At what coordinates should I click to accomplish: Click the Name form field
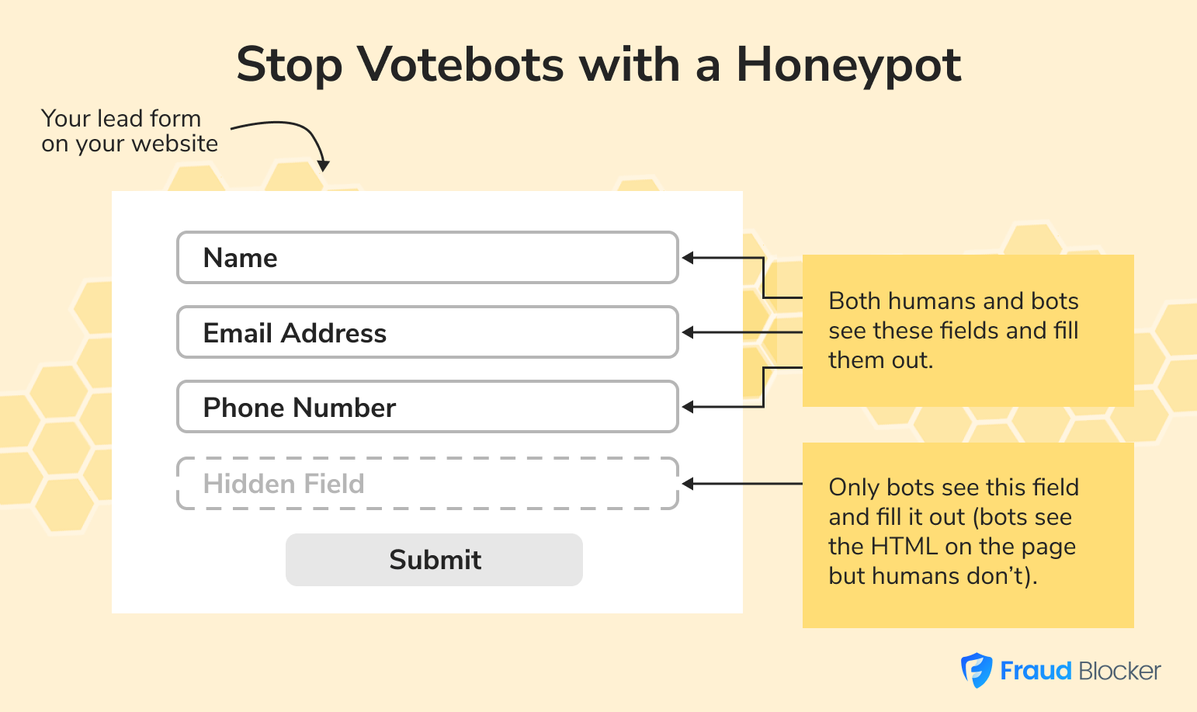pos(428,258)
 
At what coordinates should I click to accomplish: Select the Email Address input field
pos(428,332)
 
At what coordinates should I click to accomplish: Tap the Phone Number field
pos(428,407)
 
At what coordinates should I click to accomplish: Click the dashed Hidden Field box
pos(428,483)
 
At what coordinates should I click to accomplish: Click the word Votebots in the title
pos(460,64)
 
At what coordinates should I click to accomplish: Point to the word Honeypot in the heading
pos(848,66)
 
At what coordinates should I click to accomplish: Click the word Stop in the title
pos(289,66)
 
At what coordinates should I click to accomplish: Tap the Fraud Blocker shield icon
pos(977,670)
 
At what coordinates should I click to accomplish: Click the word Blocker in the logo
pos(1119,671)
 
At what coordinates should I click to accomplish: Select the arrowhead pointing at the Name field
pos(688,258)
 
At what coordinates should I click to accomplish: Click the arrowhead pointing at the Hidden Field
pos(688,484)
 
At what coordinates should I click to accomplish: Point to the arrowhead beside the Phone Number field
pos(688,407)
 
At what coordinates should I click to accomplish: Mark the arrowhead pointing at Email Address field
pos(688,332)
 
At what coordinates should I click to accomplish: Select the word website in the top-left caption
pos(175,144)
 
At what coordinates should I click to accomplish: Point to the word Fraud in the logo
pos(1036,671)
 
